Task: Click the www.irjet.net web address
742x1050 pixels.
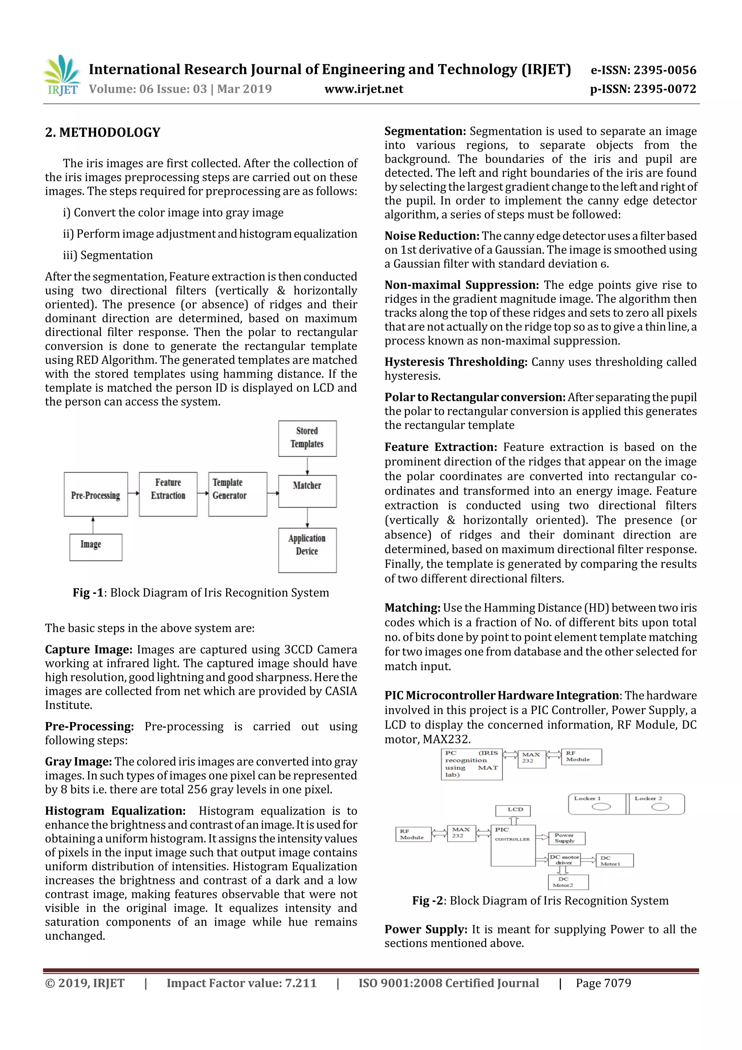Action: pyautogui.click(x=363, y=89)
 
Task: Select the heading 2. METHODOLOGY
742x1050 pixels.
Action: pyautogui.click(x=103, y=133)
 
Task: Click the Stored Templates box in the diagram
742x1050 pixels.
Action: pyautogui.click(x=307, y=438)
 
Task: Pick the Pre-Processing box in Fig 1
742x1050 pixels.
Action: pyautogui.click(x=96, y=494)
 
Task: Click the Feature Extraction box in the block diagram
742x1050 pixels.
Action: pyautogui.click(x=168, y=494)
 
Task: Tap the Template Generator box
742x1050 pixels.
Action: pyautogui.click(x=237, y=494)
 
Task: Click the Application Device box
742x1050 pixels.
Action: pyautogui.click(x=307, y=550)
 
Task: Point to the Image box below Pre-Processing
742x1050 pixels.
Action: pyautogui.click(x=96, y=547)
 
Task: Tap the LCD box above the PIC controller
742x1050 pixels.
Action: pyautogui.click(x=513, y=810)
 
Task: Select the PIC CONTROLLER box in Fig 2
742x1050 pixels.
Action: pyautogui.click(x=513, y=845)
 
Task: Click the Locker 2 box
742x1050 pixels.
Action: pyautogui.click(x=656, y=804)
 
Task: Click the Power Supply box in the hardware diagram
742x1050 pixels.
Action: pyautogui.click(x=566, y=838)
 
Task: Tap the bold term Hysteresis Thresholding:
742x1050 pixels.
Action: pyautogui.click(x=456, y=362)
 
